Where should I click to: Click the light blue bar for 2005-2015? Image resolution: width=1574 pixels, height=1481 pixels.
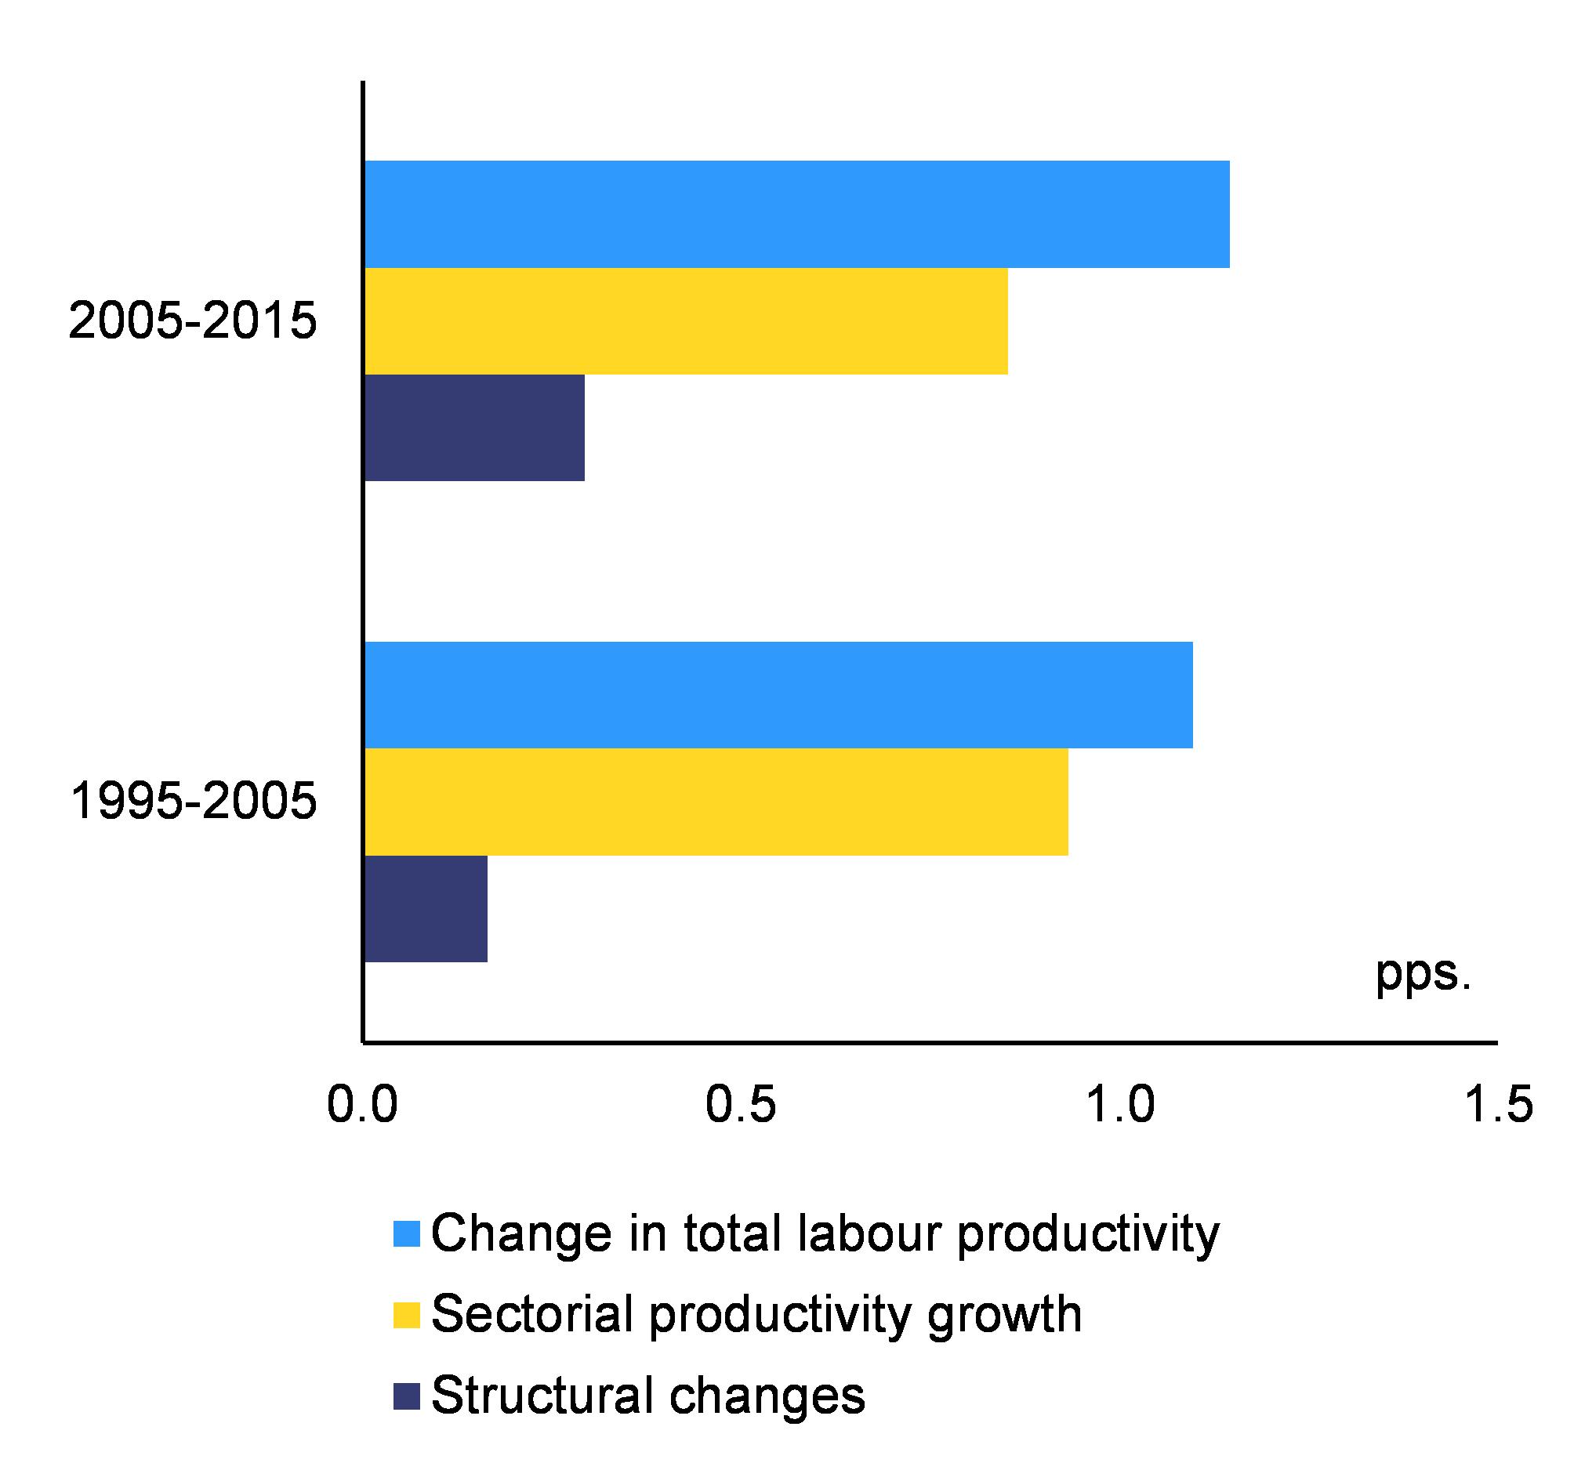click(x=796, y=215)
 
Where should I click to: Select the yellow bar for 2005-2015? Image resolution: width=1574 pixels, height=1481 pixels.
click(x=686, y=321)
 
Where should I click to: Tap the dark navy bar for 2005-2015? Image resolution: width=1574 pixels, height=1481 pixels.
click(x=474, y=427)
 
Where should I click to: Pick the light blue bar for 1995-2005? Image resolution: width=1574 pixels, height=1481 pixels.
click(x=778, y=695)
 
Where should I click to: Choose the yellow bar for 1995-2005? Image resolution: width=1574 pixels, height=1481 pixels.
click(x=716, y=802)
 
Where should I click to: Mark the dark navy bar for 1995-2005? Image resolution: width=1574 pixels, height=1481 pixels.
click(x=426, y=909)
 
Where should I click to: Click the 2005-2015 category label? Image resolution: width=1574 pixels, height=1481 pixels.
click(x=192, y=322)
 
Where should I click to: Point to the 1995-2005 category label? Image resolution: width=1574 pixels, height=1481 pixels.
click(x=193, y=801)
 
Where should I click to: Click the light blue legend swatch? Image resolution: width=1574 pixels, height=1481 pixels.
click(x=406, y=1234)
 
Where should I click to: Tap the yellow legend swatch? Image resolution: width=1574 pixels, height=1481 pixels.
click(x=406, y=1315)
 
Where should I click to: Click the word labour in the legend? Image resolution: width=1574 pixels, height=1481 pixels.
click(x=869, y=1234)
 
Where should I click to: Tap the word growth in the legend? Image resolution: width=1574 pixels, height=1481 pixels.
click(x=1003, y=1316)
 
